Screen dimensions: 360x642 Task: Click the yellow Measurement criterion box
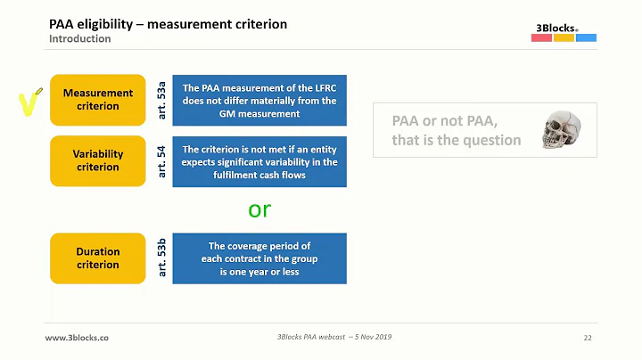tap(97, 100)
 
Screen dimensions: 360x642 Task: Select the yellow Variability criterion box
tap(97, 160)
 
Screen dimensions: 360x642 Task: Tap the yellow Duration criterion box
tap(97, 258)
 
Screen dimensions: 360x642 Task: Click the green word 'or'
tap(259, 210)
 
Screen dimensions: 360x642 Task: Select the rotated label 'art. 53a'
tap(161, 100)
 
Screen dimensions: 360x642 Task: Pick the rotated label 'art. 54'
tap(161, 161)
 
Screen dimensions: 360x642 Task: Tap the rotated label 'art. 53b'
tap(161, 258)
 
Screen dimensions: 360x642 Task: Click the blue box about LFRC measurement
tap(259, 101)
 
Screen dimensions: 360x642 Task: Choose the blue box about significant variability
tap(259, 161)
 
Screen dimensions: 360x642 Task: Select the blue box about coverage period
tap(259, 258)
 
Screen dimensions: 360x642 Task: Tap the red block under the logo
tap(541, 38)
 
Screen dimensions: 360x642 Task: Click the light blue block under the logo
tap(586, 38)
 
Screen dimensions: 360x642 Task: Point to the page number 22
tap(588, 339)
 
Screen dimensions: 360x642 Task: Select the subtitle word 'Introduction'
tap(80, 39)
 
